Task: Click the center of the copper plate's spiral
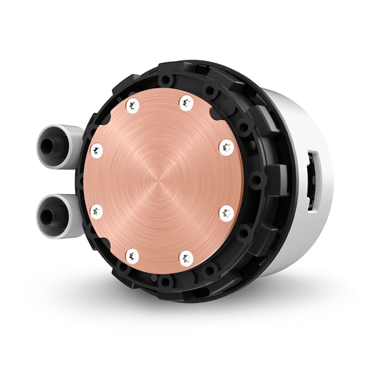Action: tap(161, 180)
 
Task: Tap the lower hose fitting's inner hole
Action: tap(48, 214)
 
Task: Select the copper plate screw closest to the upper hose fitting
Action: tap(96, 149)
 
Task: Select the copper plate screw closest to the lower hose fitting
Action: tap(96, 211)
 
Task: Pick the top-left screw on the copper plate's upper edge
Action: tap(132, 105)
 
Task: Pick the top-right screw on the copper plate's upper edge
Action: tap(185, 103)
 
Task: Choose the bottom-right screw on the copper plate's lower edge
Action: tap(185, 255)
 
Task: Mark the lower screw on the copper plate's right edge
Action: tap(226, 212)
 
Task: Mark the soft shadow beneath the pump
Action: tap(186, 311)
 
